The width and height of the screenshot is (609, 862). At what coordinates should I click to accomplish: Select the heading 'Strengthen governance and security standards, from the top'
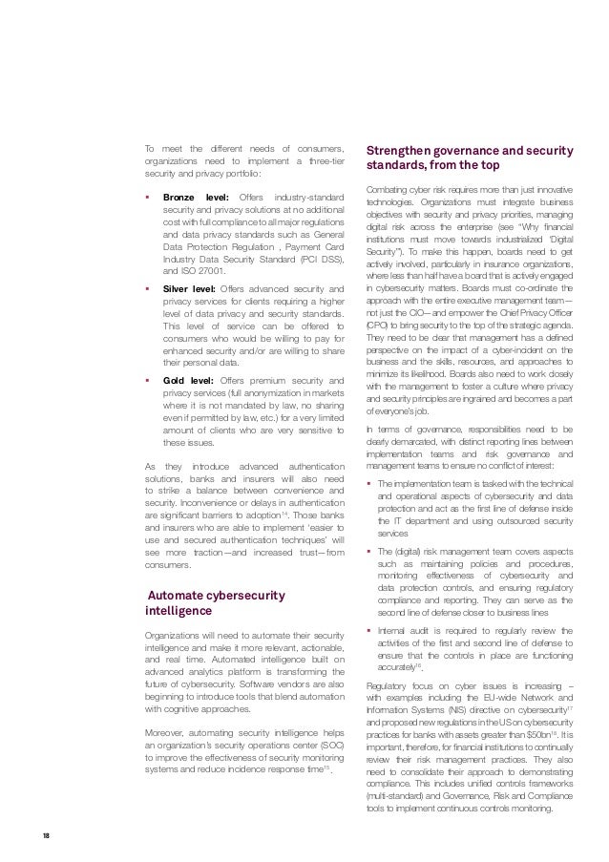470,159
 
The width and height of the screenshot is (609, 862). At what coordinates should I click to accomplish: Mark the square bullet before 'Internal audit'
370,629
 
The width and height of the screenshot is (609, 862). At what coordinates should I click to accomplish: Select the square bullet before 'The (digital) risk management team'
370,552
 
